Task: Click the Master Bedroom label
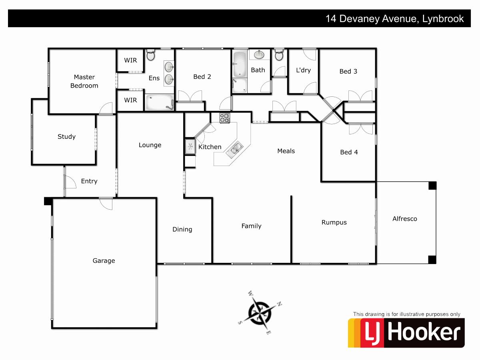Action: point(84,81)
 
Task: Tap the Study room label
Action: point(66,137)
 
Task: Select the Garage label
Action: point(104,261)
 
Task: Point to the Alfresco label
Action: point(404,219)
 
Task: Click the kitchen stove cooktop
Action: point(224,118)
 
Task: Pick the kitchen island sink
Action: point(234,149)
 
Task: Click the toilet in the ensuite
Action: point(151,55)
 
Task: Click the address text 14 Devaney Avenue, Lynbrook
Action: point(394,19)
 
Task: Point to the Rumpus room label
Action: point(334,222)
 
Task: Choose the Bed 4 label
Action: point(349,152)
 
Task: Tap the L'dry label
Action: point(303,70)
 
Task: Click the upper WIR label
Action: point(130,60)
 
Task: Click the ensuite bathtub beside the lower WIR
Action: point(159,102)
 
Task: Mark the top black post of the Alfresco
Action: point(432,186)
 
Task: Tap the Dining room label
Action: point(182,230)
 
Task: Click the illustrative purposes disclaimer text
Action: point(406,314)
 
